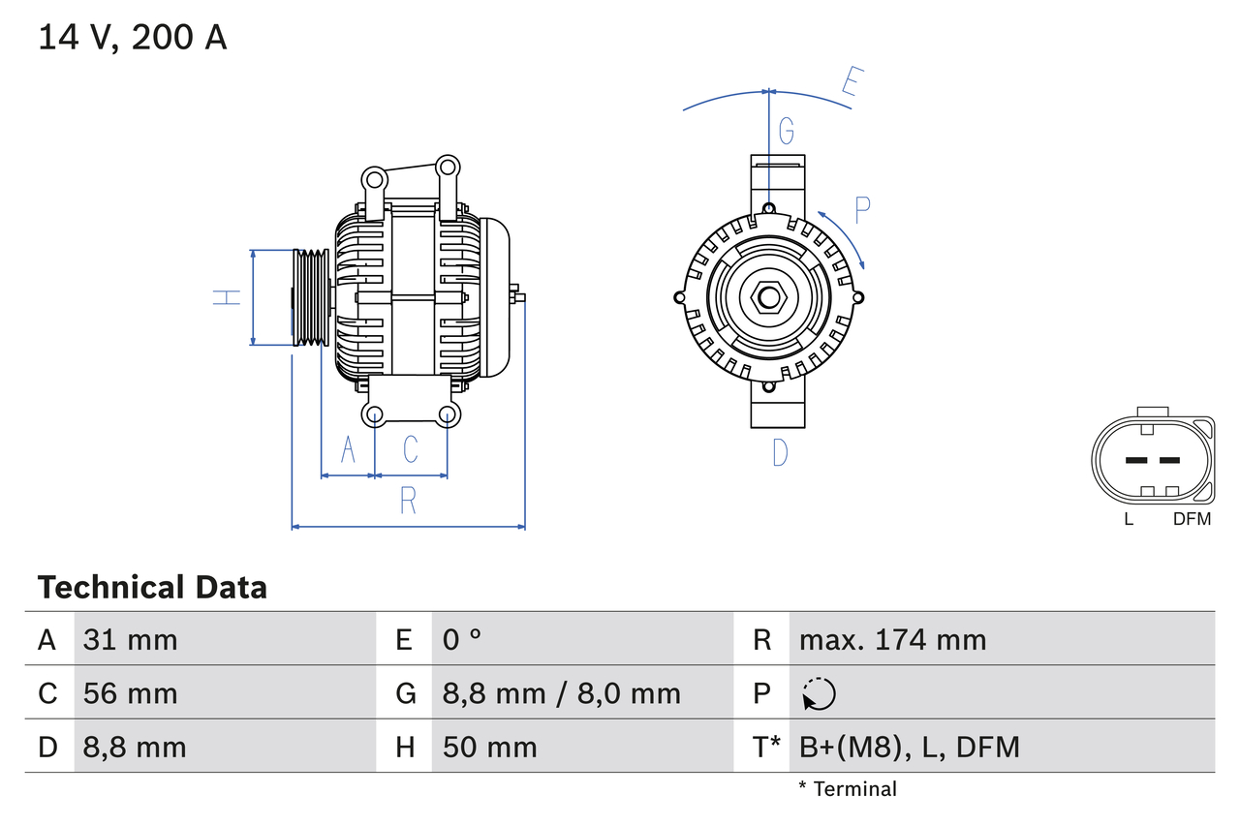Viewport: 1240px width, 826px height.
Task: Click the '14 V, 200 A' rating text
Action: click(x=133, y=38)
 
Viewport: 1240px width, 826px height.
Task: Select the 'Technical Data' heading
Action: click(x=152, y=587)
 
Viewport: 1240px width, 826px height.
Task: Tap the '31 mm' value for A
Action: click(x=130, y=639)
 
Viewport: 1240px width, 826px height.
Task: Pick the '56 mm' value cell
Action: click(x=130, y=693)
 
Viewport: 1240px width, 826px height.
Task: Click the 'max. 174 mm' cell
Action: click(x=892, y=639)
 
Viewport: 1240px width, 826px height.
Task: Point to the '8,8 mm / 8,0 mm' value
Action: click(x=561, y=693)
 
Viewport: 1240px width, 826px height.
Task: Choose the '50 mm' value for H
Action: click(x=489, y=747)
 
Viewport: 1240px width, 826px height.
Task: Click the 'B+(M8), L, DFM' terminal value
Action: click(x=909, y=747)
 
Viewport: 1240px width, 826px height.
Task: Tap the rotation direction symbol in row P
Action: click(x=819, y=694)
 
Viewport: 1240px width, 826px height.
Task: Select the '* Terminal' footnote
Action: click(x=848, y=789)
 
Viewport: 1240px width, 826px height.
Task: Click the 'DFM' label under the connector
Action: click(x=1192, y=519)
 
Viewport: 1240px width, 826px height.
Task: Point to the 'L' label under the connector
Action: click(x=1129, y=519)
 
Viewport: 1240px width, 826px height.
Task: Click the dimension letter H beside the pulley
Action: click(x=227, y=297)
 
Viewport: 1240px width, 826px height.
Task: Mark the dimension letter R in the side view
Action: click(x=408, y=501)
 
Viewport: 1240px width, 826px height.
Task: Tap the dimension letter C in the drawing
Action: click(x=411, y=449)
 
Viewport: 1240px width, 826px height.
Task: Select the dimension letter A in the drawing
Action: click(x=348, y=449)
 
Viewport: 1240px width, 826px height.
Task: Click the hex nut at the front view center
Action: click(x=768, y=297)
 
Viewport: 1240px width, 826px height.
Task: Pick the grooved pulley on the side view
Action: click(x=311, y=297)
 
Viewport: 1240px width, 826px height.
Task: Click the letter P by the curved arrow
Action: click(x=862, y=207)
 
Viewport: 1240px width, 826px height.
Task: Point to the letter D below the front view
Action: click(x=779, y=451)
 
